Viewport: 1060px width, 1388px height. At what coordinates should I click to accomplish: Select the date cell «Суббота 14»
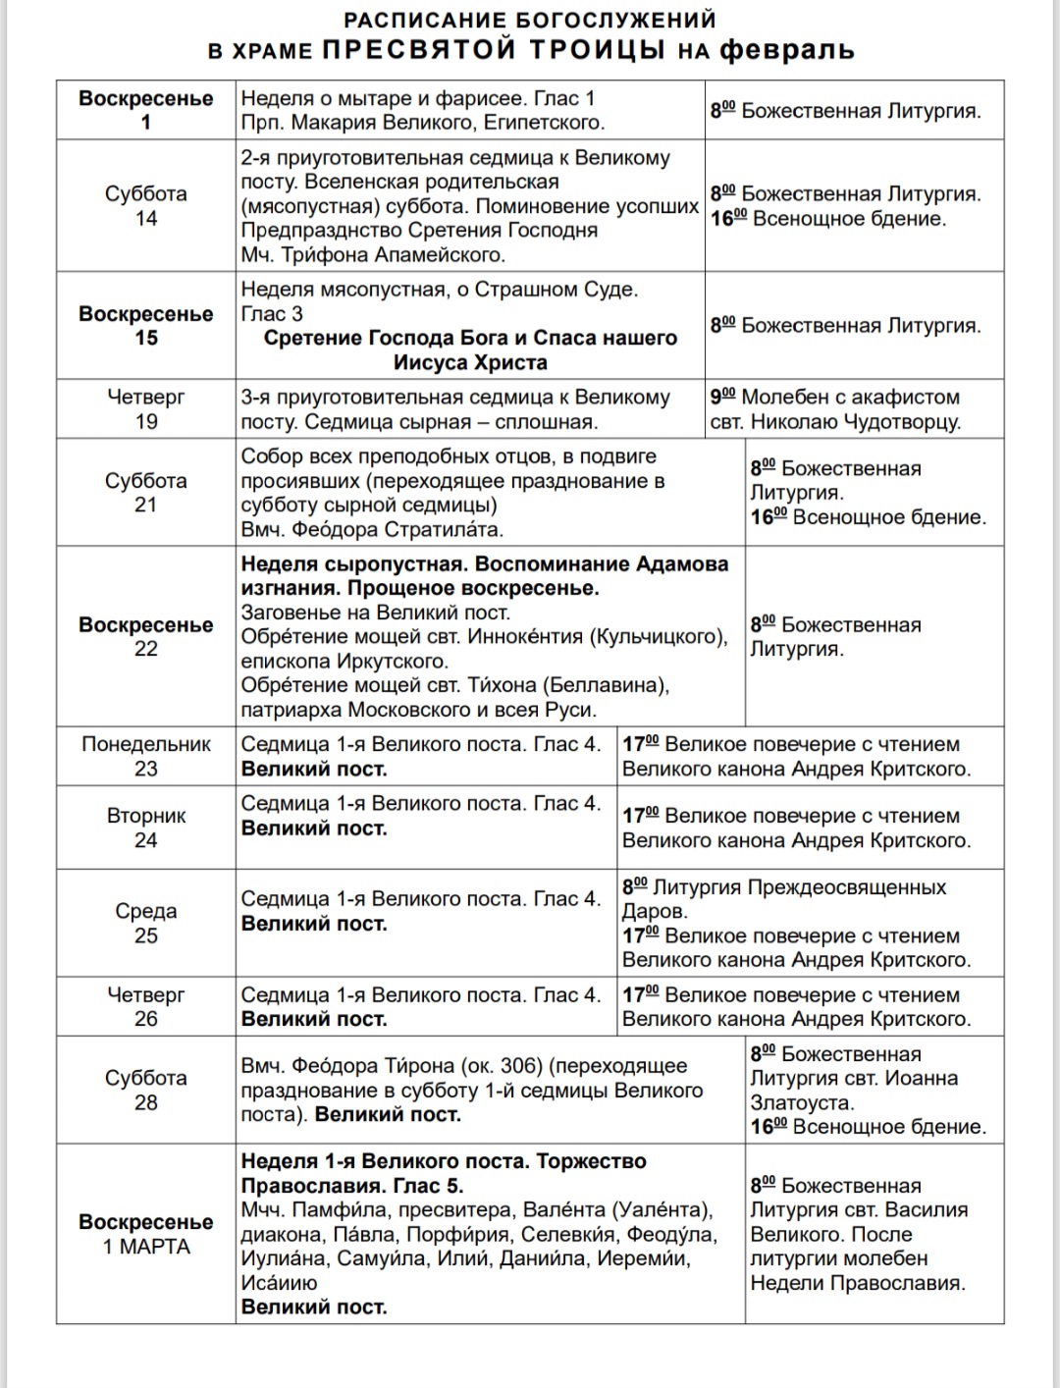click(x=145, y=205)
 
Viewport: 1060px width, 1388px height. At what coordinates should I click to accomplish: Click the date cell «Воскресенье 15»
click(x=145, y=325)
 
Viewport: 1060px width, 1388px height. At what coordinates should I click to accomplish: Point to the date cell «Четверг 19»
click(x=145, y=408)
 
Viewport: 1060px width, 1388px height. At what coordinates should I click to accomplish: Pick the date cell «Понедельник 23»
click(x=145, y=756)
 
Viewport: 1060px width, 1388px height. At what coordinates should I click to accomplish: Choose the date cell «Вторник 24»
click(x=145, y=827)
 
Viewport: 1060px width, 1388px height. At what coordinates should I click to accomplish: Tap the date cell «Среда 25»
click(x=145, y=923)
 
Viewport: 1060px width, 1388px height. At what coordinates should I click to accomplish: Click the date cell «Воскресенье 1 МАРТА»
click(x=145, y=1234)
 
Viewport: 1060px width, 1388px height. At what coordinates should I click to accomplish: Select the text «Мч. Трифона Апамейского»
click(x=373, y=254)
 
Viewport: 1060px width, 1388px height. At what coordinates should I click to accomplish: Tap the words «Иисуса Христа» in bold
click(x=470, y=362)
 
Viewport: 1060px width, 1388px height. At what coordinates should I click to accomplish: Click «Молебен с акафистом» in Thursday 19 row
click(x=850, y=397)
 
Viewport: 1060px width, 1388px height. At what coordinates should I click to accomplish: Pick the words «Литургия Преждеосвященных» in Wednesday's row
click(x=799, y=887)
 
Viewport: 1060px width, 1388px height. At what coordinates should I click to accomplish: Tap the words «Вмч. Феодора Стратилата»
click(x=372, y=529)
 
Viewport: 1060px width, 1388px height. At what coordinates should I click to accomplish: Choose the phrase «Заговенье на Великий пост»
click(x=376, y=613)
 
